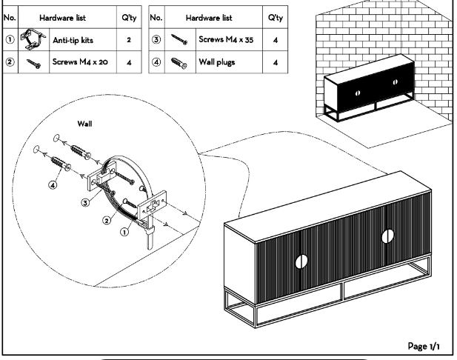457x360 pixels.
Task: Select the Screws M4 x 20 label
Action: coord(79,62)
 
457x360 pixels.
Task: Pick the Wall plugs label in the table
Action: coord(214,62)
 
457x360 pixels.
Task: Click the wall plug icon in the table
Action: coord(177,63)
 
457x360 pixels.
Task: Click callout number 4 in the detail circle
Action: coord(53,184)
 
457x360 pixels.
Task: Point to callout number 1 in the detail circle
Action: coord(124,230)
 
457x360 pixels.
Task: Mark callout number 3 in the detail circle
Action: coord(86,201)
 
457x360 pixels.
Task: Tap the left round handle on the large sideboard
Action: coord(300,261)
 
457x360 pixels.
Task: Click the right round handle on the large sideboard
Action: coord(387,236)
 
